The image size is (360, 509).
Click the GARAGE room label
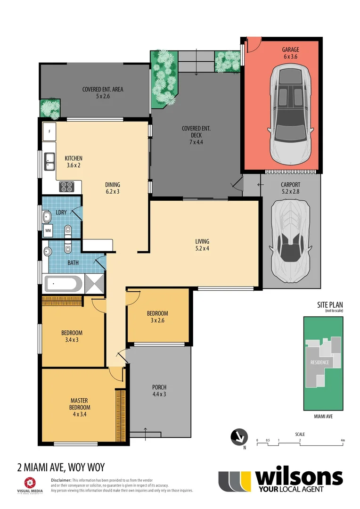290,53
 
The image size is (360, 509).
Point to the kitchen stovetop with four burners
67,187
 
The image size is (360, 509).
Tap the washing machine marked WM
49,230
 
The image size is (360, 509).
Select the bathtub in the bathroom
63,284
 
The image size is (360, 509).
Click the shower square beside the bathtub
94,284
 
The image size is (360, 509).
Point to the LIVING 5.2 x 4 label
202,245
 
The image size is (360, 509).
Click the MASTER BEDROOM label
79,407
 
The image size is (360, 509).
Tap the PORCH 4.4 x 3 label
159,391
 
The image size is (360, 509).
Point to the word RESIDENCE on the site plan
319,362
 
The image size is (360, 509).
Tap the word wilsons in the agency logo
298,477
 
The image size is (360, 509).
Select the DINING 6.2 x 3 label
113,188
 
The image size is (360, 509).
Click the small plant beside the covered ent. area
49,108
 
